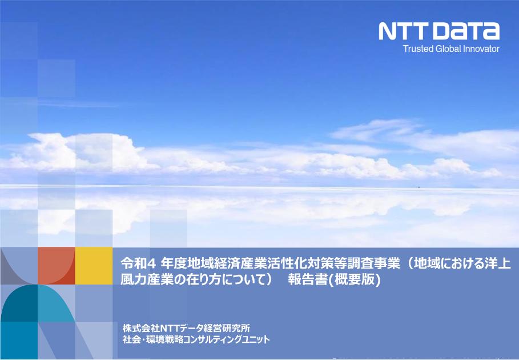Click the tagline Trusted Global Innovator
451,49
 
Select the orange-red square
56,266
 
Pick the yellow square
94,266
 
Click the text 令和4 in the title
134,265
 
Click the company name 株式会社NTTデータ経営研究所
186,328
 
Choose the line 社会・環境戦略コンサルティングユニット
196,339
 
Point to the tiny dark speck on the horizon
419,187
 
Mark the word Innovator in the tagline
482,49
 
